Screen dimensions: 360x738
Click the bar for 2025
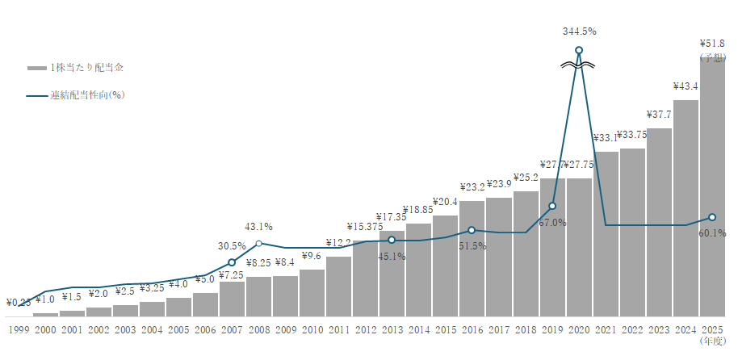[x=712, y=186]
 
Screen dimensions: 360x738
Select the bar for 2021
[x=606, y=234]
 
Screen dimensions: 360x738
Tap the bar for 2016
[x=472, y=258]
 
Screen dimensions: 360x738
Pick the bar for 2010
[x=312, y=292]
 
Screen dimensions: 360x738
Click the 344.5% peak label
[x=579, y=31]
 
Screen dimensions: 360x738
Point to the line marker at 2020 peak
[x=579, y=51]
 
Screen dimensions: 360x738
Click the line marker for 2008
[x=258, y=243]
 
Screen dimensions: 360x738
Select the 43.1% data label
[x=258, y=227]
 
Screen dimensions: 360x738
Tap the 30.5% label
[x=232, y=246]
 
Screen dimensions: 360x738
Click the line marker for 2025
[x=712, y=217]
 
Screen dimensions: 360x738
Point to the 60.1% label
[x=712, y=233]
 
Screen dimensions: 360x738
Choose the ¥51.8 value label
[x=712, y=44]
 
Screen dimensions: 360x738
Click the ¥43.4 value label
[x=686, y=86]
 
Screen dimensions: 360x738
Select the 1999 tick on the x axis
[x=18, y=329]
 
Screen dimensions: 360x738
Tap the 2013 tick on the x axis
[x=392, y=329]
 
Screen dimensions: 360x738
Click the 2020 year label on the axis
[x=579, y=329]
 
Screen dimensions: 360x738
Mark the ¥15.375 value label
[x=364, y=226]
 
